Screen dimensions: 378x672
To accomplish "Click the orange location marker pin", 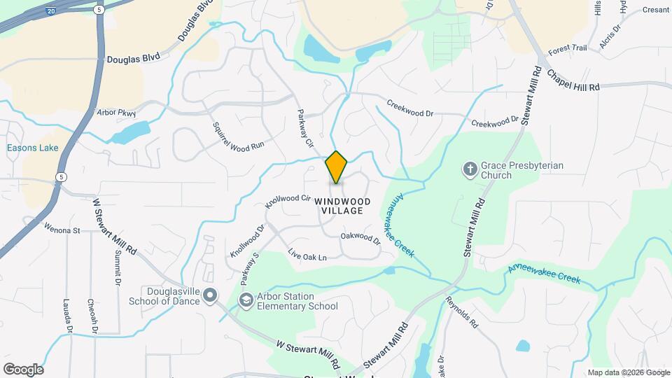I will click(336, 167).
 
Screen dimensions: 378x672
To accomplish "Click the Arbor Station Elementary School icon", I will click(246, 300).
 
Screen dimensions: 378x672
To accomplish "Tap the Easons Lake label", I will click(33, 148).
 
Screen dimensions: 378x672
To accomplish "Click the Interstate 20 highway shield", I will click(51, 12).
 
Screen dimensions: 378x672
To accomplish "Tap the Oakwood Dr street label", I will click(360, 239).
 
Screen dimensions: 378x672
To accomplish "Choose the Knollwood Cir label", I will click(287, 202).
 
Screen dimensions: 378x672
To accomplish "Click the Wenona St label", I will click(63, 229).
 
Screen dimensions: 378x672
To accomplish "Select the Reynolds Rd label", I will click(461, 313).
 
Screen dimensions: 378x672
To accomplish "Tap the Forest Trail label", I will click(567, 50).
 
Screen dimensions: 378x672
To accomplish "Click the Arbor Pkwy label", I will click(116, 112).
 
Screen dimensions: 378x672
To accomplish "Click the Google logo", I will click(23, 369).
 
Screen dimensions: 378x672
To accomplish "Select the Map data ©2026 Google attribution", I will click(629, 372).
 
